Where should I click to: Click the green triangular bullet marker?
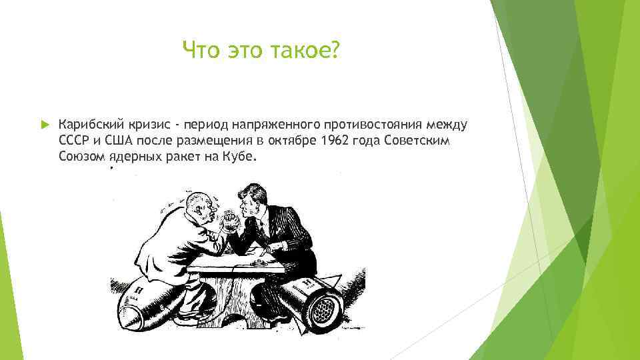(43, 125)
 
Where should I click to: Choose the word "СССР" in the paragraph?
(73, 141)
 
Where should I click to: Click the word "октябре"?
(293, 141)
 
